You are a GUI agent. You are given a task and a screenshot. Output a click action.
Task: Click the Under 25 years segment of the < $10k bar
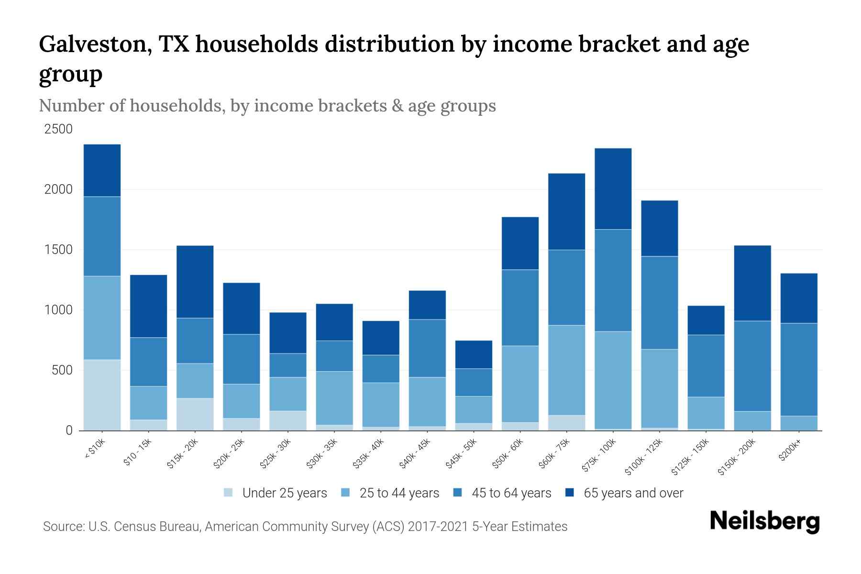102,395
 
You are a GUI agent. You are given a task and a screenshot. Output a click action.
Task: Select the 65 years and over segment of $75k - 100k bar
613,189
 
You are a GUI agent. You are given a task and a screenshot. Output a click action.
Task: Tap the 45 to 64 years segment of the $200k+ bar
798,369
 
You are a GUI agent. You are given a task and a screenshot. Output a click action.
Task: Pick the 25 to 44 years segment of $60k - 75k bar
566,370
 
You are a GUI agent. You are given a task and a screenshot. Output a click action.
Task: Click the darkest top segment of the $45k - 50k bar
474,354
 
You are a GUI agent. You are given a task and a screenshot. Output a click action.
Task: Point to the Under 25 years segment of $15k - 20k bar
195,414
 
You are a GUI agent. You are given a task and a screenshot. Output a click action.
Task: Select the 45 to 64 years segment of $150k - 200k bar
752,366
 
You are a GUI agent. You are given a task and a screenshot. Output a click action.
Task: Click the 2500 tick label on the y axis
58,129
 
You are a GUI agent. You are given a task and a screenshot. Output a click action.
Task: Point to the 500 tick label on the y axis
62,370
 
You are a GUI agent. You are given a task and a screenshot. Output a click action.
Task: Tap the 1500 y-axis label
58,250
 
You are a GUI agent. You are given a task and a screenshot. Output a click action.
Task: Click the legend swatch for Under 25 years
229,493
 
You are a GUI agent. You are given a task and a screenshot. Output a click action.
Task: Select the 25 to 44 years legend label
399,493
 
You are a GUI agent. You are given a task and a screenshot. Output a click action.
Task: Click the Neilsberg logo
764,521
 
